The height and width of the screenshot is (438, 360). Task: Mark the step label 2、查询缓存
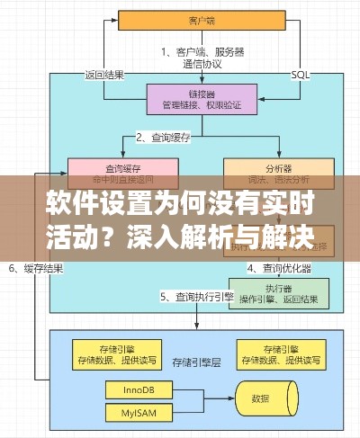168,138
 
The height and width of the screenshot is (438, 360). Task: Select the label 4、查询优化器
280,268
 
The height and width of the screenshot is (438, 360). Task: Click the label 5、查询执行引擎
197,297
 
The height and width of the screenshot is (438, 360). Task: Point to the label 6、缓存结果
36,268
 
